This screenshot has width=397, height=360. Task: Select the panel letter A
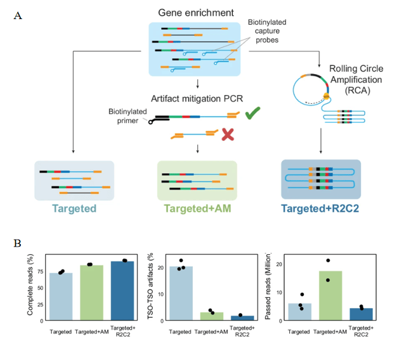click(18, 15)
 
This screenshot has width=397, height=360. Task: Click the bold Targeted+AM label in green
click(197, 209)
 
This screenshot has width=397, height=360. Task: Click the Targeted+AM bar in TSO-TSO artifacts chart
click(212, 316)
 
